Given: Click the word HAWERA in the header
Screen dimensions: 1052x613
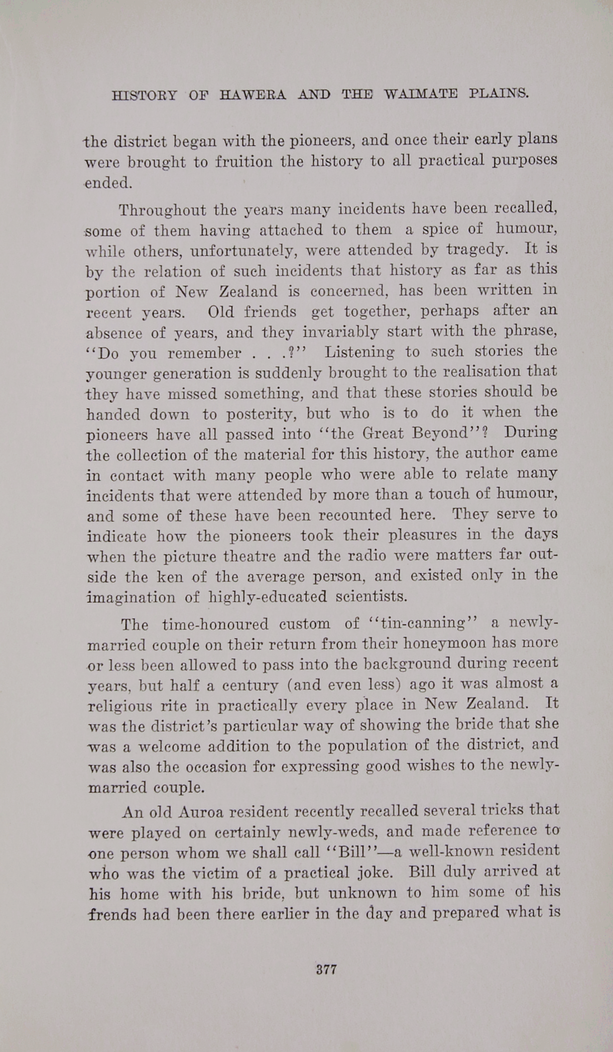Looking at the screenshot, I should coord(253,95).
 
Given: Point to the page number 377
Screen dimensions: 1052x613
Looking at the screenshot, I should coord(326,969).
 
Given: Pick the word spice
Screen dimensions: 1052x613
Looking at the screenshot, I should coord(440,229).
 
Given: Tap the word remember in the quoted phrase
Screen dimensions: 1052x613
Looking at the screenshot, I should coord(204,353).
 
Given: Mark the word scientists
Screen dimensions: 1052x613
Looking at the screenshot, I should coord(371,597).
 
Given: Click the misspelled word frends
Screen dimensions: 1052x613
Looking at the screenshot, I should coord(112,914).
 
